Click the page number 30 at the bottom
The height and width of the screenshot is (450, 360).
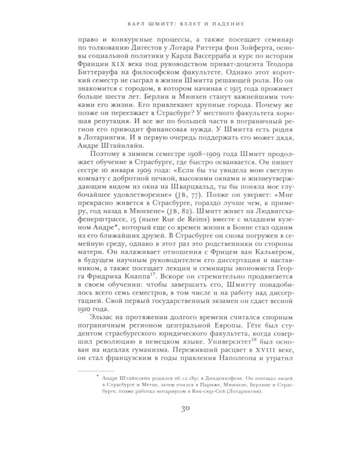pyautogui.click(x=180, y=427)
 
